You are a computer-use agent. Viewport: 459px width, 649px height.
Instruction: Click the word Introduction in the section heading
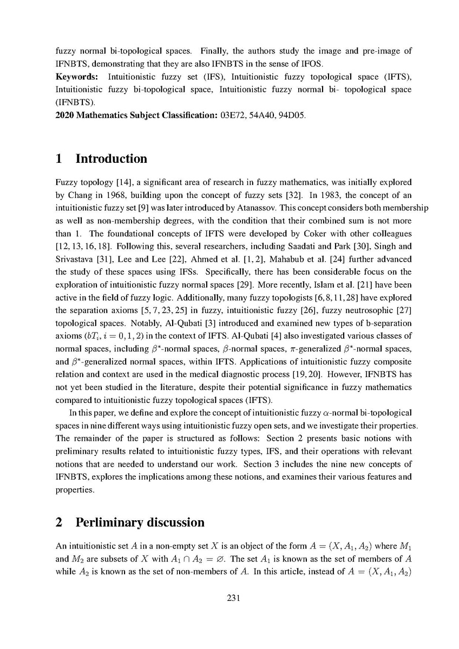[x=111, y=159]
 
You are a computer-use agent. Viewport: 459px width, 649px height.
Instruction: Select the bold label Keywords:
[x=76, y=76]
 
